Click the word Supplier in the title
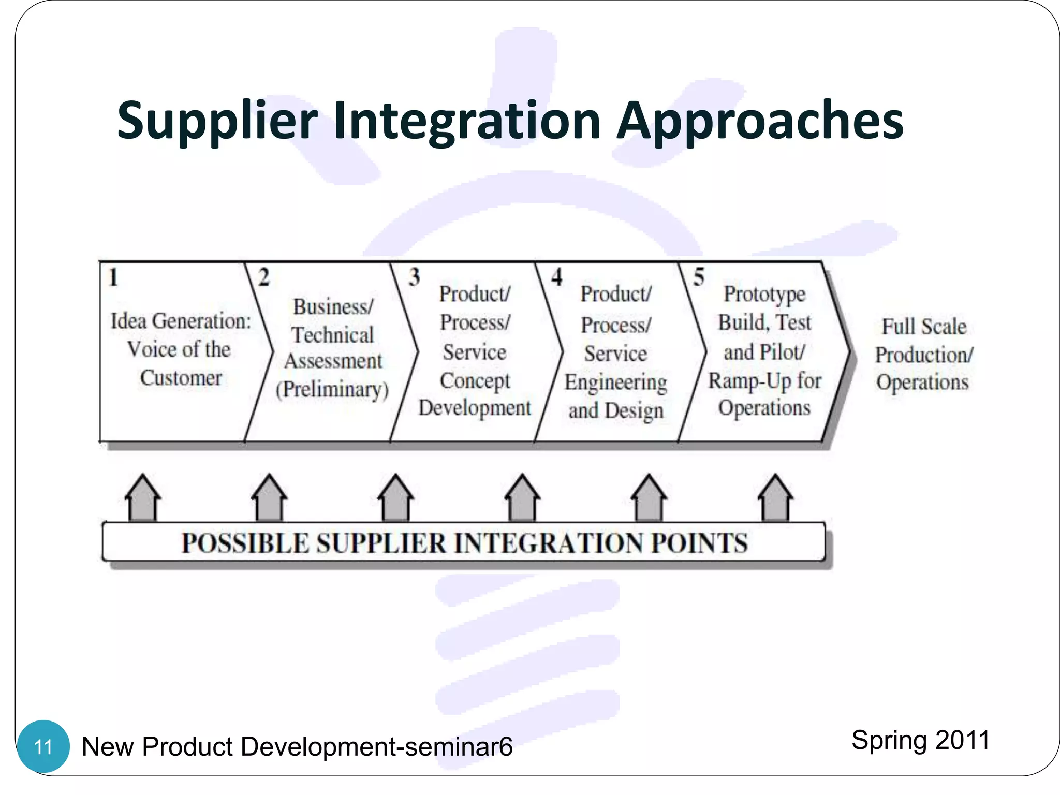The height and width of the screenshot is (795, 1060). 217,122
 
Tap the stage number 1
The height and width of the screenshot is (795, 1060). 113,277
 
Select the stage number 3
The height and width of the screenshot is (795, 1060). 414,277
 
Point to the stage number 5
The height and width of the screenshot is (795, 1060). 699,277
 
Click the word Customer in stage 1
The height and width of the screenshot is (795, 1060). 181,378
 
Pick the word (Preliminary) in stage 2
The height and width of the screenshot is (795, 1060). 332,389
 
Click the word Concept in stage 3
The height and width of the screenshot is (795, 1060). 475,381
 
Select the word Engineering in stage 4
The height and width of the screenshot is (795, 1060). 615,383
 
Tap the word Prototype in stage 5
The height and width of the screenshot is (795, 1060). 764,294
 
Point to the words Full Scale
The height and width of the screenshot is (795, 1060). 924,327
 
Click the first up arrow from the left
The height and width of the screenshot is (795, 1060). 143,498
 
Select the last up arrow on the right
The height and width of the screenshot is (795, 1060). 775,498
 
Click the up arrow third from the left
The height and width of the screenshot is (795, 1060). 395,498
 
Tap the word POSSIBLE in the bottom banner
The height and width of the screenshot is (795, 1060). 244,543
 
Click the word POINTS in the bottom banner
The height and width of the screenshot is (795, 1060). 699,543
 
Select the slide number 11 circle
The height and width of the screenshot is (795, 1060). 43,746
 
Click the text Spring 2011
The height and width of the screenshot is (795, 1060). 920,740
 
